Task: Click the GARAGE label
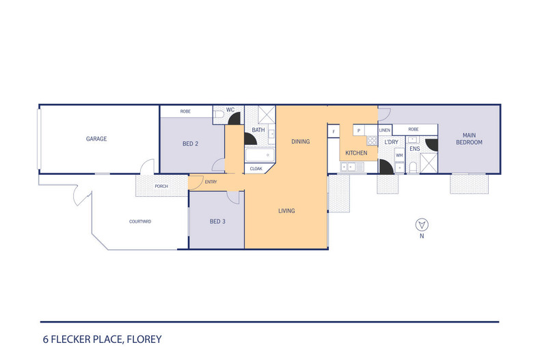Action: click(96, 139)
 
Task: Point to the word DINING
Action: click(300, 142)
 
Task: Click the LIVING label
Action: click(286, 211)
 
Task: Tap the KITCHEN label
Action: click(356, 153)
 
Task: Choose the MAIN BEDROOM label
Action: click(470, 139)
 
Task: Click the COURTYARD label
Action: click(139, 222)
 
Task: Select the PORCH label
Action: click(161, 186)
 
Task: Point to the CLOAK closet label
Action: click(256, 168)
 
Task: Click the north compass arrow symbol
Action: click(422, 224)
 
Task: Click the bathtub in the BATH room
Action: click(260, 154)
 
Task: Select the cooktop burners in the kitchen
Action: click(372, 141)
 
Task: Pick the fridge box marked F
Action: click(334, 130)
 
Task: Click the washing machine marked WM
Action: click(399, 156)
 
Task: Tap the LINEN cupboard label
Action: click(385, 130)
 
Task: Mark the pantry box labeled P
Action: click(358, 130)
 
